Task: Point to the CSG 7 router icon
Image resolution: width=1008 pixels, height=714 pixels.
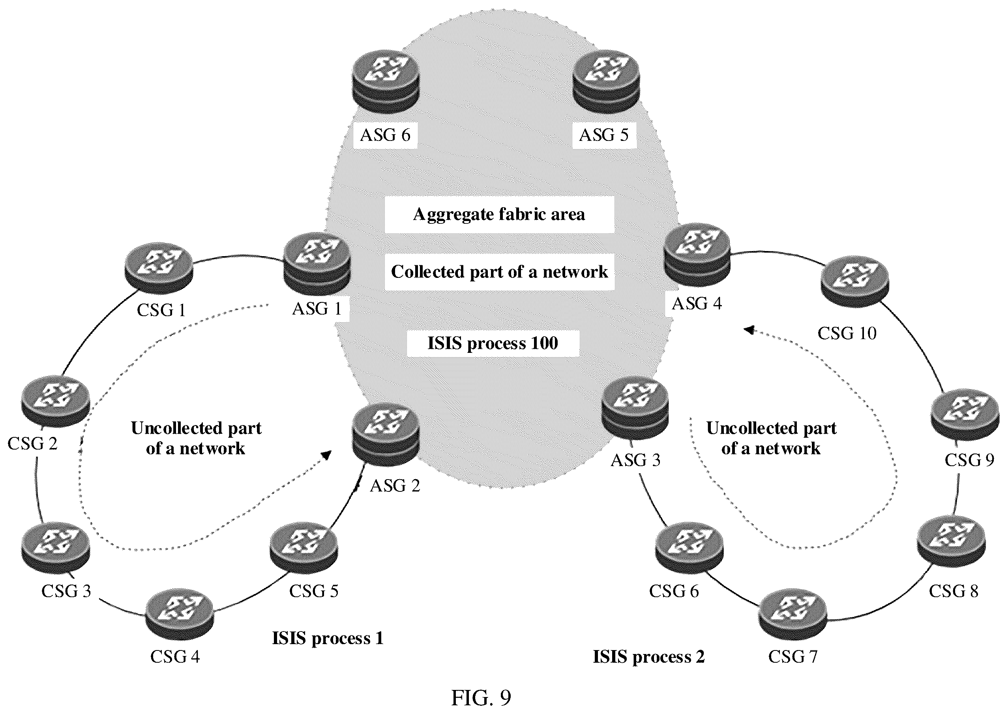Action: coord(793,615)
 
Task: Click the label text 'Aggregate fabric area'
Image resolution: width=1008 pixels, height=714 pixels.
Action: coord(499,215)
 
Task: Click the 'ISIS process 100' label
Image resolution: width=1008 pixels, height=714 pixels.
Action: coord(493,343)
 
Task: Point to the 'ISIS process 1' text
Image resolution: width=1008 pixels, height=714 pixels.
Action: coord(328,638)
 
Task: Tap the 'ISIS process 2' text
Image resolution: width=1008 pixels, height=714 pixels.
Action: coord(648,656)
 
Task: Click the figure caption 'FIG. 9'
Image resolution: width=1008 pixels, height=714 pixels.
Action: coord(481,697)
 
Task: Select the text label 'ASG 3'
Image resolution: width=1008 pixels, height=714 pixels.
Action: coord(636,460)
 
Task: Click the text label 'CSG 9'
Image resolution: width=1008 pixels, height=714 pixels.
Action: coord(969,460)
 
